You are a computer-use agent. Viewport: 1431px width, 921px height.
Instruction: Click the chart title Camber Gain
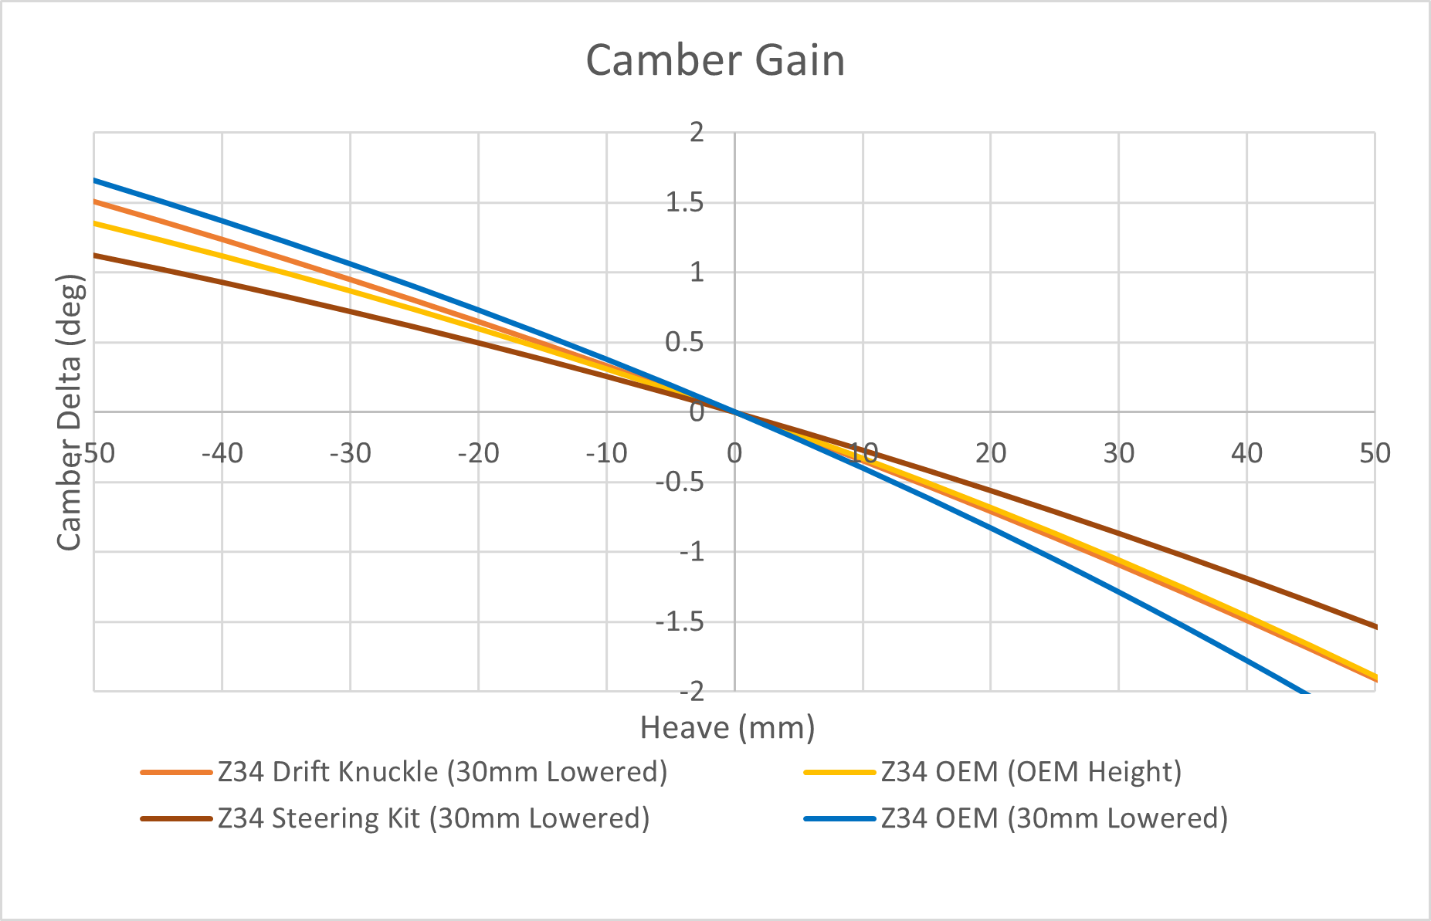tap(715, 60)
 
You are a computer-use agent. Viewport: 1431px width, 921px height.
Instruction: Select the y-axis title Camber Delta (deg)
tap(70, 413)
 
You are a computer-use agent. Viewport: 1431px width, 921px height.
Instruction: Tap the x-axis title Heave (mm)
tap(727, 727)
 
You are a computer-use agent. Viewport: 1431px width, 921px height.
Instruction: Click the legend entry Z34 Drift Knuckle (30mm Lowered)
tap(443, 771)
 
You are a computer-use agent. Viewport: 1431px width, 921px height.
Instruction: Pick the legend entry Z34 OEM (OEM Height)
tap(1031, 771)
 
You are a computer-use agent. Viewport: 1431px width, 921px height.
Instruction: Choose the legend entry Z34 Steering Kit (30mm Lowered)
tap(433, 818)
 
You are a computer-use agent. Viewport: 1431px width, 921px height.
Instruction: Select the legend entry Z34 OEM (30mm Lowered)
tap(1054, 818)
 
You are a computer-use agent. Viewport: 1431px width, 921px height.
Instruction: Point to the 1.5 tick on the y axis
tap(686, 202)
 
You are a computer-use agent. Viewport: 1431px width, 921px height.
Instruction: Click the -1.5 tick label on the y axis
tap(680, 621)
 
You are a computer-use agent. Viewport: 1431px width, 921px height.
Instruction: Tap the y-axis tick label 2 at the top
tap(697, 132)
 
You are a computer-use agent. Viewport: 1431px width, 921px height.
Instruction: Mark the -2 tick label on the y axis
tap(691, 691)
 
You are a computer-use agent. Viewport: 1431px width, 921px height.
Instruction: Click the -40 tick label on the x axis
tap(222, 453)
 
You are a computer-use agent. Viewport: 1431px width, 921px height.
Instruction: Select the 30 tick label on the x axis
tap(1118, 453)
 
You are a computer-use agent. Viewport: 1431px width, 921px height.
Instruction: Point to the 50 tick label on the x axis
tap(1375, 453)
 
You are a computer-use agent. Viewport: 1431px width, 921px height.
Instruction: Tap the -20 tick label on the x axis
tap(478, 453)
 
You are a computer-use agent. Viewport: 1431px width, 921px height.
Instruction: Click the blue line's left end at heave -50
tap(95, 180)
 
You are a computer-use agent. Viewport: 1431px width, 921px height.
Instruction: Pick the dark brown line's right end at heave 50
tap(1375, 627)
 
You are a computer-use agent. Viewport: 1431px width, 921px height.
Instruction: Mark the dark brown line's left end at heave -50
tap(95, 255)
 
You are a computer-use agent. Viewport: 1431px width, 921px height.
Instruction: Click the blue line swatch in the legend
tap(839, 818)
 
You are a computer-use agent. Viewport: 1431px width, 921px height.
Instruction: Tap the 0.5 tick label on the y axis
tap(686, 342)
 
